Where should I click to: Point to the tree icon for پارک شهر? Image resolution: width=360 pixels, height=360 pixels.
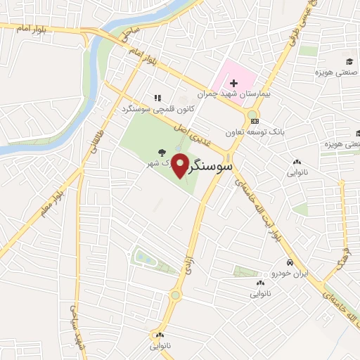162,151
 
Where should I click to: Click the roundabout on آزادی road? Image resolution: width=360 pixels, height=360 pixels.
174,296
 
